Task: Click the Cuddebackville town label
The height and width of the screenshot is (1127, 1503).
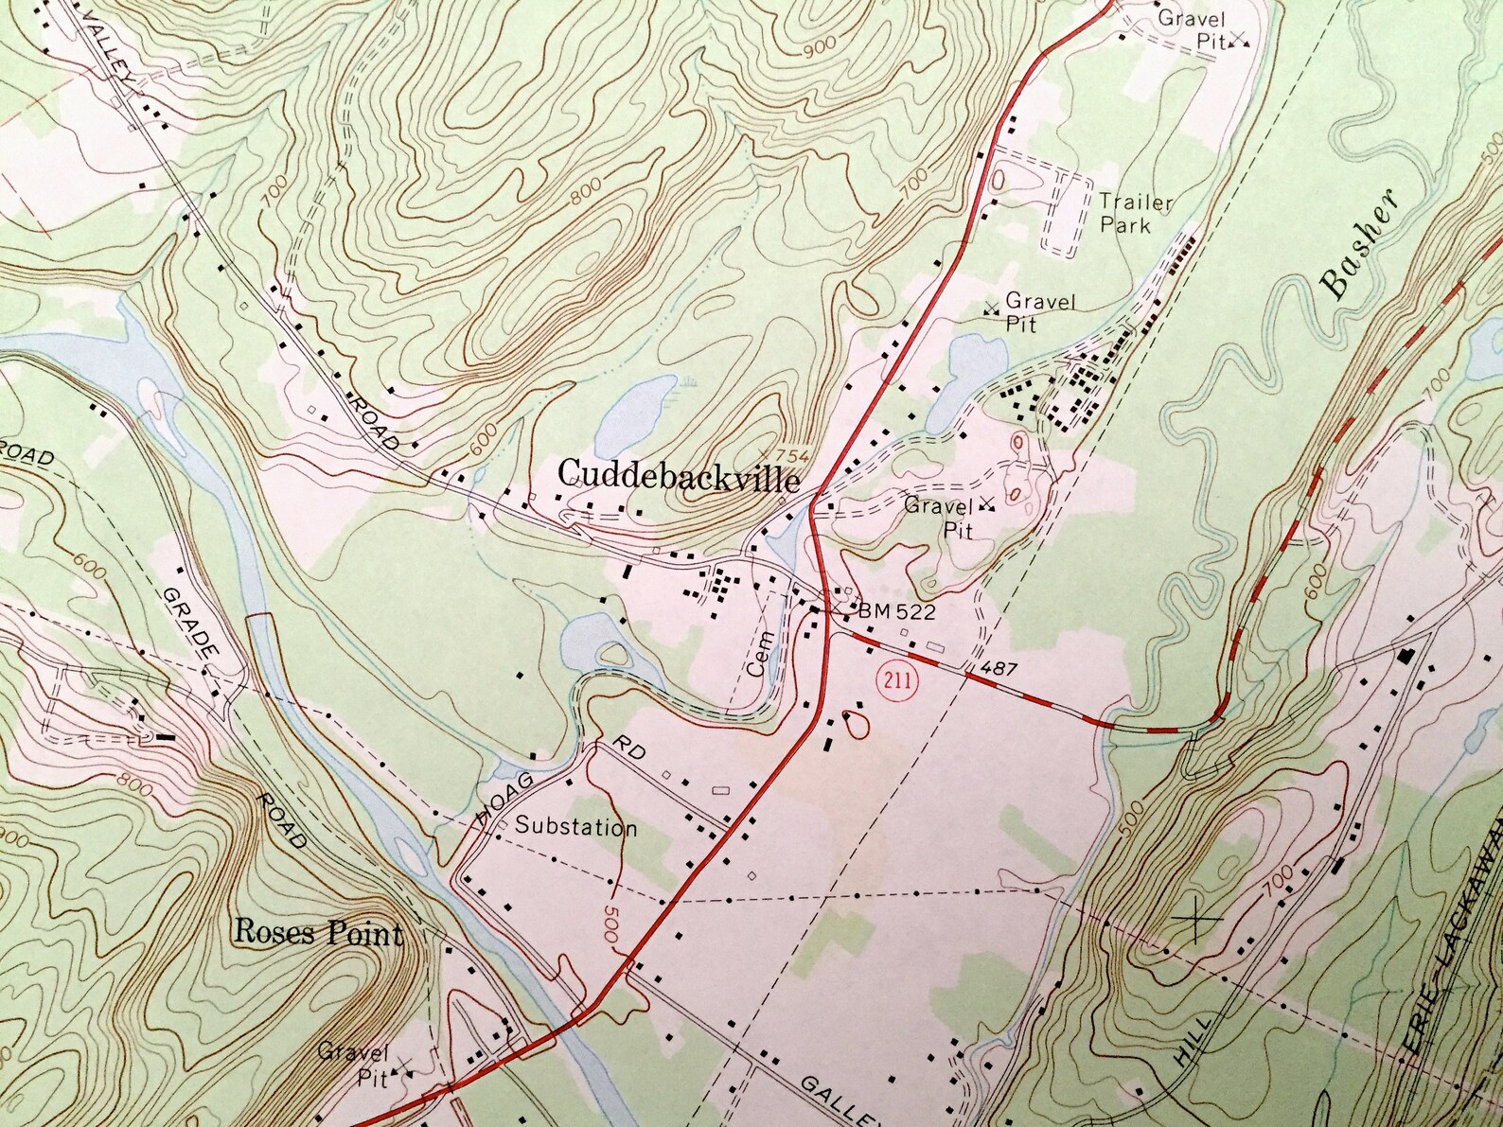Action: (x=679, y=475)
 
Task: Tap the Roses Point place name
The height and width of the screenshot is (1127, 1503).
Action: (x=318, y=933)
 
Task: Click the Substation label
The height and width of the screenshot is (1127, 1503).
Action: (x=575, y=827)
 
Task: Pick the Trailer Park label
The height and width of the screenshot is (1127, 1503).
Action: (x=1135, y=213)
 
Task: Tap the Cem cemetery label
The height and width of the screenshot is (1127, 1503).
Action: (x=755, y=653)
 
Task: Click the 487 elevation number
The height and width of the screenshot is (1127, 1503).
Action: (x=999, y=669)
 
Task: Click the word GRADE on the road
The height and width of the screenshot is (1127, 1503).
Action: (x=192, y=628)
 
